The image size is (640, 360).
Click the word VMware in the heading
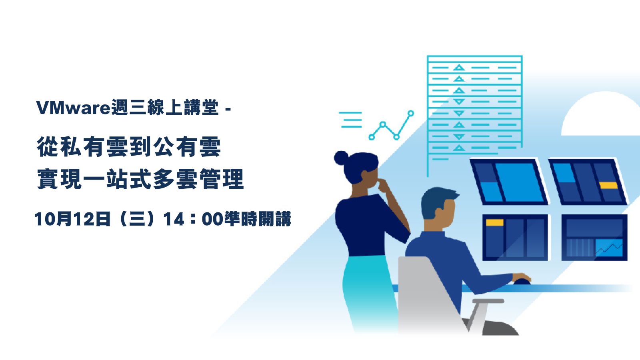[73, 108]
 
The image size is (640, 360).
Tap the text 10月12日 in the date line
[72, 219]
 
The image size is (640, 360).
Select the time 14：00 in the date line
[193, 219]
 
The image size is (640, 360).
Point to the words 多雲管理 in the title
[198, 179]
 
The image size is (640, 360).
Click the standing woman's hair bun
[341, 158]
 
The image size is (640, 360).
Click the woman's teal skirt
[368, 292]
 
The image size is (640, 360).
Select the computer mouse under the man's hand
[522, 282]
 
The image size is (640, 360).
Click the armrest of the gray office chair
[488, 301]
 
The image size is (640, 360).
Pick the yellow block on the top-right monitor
[608, 186]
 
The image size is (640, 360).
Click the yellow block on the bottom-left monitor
[494, 222]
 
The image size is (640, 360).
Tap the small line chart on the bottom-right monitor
[609, 248]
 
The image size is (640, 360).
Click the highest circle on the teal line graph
[411, 114]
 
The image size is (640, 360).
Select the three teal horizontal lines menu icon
[350, 120]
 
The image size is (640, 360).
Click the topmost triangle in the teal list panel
[459, 68]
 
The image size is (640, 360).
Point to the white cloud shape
[600, 114]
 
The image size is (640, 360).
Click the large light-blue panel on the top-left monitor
[518, 182]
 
